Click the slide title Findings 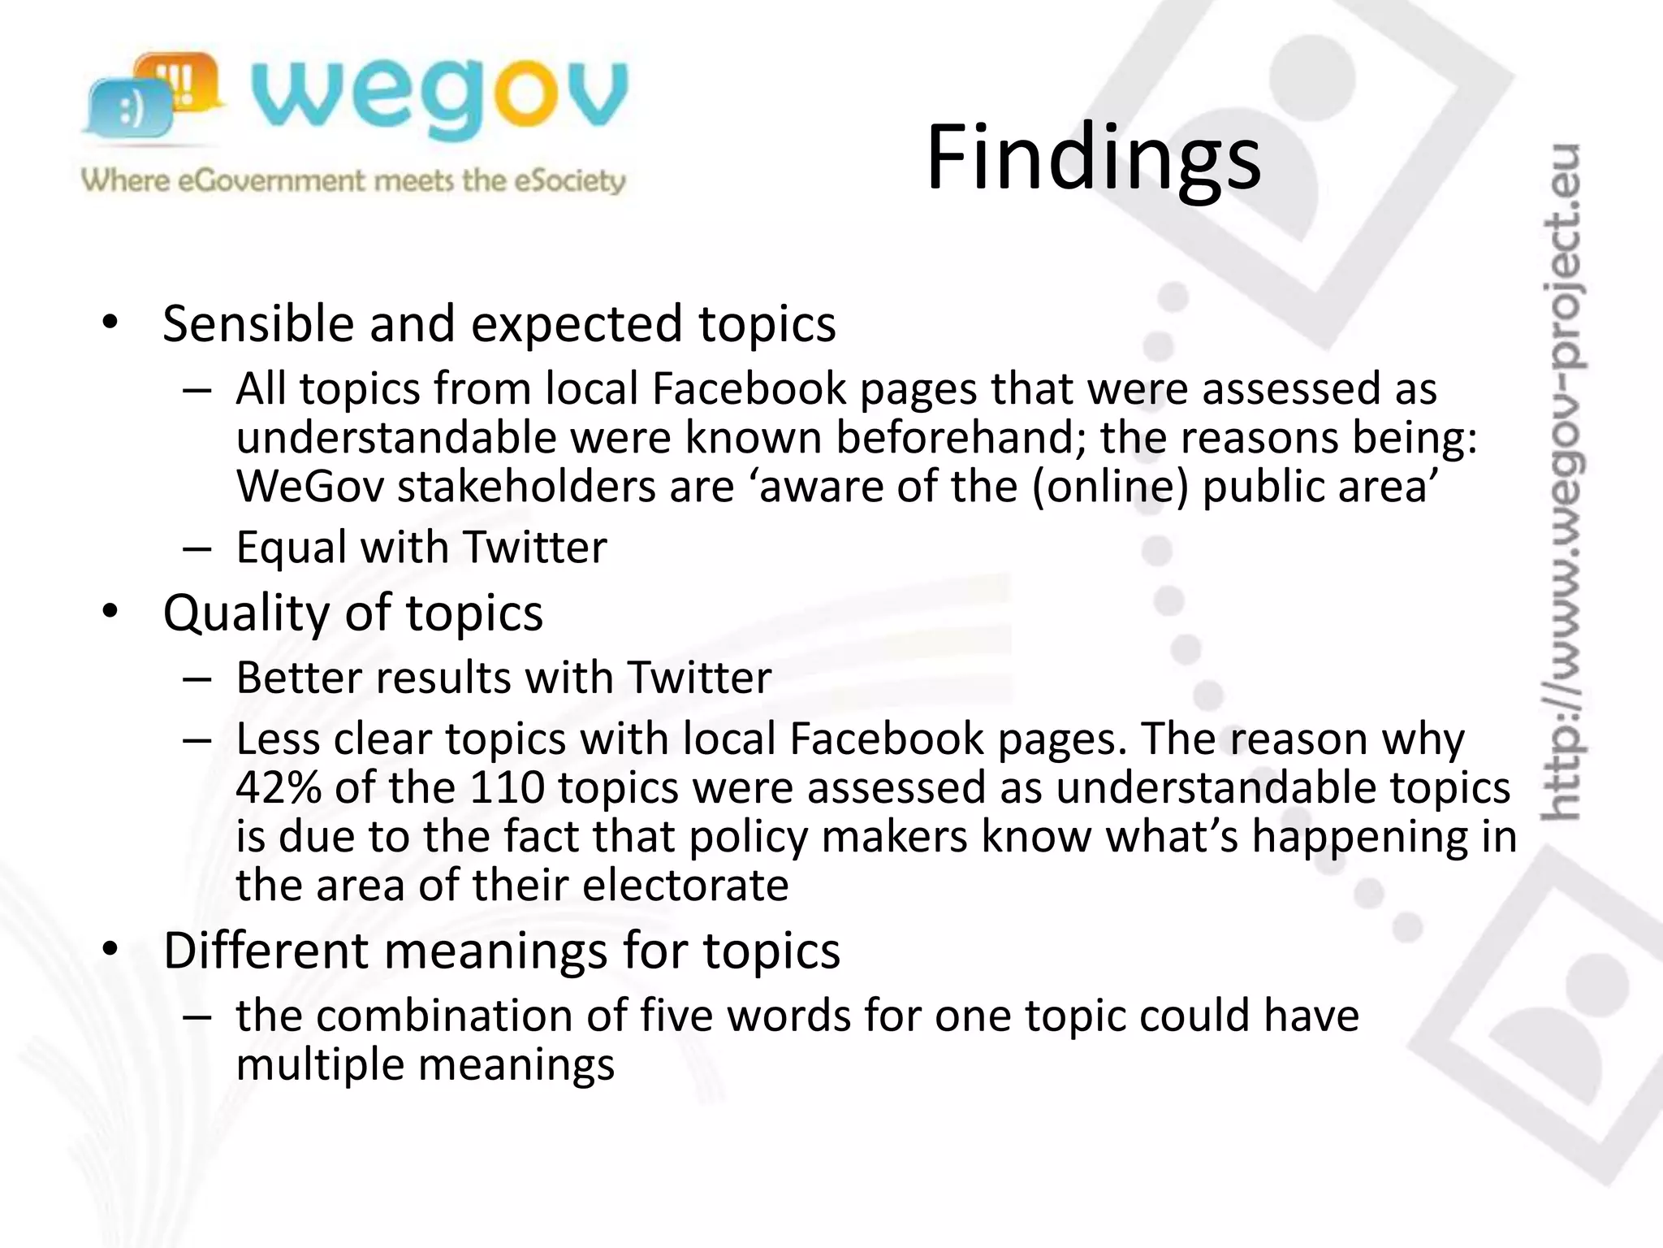[1093, 158]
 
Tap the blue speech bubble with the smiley [130, 109]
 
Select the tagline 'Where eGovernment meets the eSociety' [353, 180]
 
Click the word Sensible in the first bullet [258, 323]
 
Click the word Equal [292, 547]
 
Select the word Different [266, 951]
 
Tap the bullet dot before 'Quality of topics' [110, 613]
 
